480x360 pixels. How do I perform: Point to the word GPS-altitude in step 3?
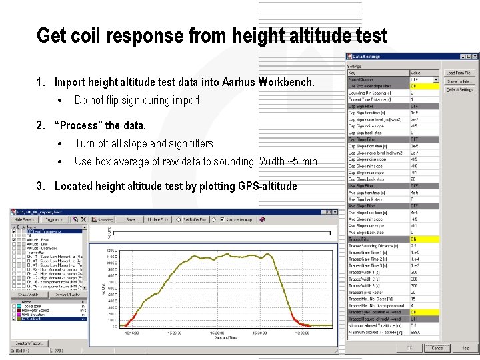click(x=267, y=186)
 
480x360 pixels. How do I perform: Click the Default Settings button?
click(x=460, y=89)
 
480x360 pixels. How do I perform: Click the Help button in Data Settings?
click(x=465, y=347)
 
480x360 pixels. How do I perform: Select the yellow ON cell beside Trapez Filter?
click(x=424, y=238)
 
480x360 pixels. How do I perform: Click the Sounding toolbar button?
click(x=103, y=219)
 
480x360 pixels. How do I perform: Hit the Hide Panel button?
click(x=25, y=219)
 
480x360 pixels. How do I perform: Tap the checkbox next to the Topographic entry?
click(x=15, y=305)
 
